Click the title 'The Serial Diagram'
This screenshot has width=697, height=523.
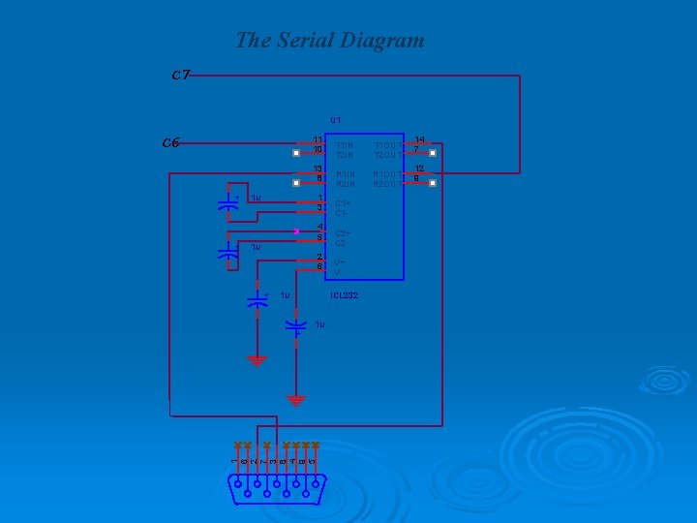click(330, 41)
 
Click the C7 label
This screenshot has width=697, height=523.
click(180, 75)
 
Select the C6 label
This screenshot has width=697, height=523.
click(170, 142)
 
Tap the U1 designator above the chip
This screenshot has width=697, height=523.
click(335, 119)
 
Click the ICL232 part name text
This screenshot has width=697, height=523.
click(344, 294)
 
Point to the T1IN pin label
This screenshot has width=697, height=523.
click(345, 145)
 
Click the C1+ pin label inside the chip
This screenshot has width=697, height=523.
click(343, 203)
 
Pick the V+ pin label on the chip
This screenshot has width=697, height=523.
click(340, 262)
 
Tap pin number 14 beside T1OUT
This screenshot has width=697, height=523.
click(419, 139)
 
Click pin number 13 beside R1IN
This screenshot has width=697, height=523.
click(318, 169)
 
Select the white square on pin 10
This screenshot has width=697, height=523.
click(297, 152)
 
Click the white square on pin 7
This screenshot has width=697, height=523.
click(433, 152)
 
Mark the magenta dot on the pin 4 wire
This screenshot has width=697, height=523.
click(295, 231)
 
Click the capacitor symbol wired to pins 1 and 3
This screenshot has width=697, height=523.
click(228, 204)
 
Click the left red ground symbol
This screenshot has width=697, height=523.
click(257, 361)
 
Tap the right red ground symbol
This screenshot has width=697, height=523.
click(296, 399)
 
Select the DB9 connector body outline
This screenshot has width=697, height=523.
click(278, 490)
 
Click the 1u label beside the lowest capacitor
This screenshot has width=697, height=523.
click(319, 324)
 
